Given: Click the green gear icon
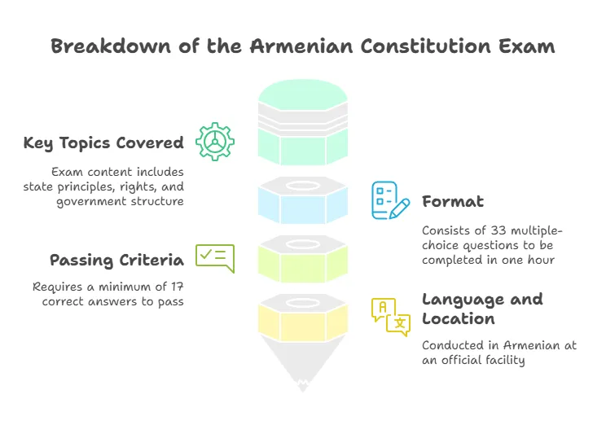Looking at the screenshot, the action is tap(215, 142).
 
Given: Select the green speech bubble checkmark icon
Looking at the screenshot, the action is tap(215, 259).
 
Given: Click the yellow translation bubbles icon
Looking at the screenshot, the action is tap(391, 317).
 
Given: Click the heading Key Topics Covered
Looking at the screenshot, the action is tap(103, 143).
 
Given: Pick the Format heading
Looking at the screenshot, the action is tap(453, 201).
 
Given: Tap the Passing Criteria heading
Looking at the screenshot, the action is tap(116, 260).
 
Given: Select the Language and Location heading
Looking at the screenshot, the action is tap(482, 309).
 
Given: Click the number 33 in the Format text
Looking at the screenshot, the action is tap(498, 230).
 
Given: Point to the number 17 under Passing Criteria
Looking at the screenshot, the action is tap(178, 287).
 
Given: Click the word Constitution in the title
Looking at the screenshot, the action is tap(426, 46).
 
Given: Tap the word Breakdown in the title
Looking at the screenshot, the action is tap(111, 46).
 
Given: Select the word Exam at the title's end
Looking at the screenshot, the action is tap(526, 46).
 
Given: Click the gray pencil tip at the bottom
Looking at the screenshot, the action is tap(303, 362).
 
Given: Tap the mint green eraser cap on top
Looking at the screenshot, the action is tap(303, 94).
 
